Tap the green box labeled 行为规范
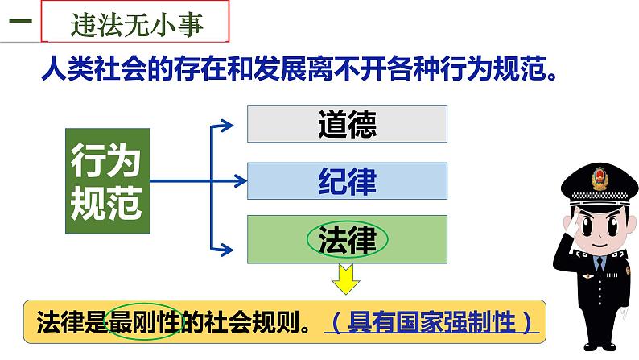click(106, 183)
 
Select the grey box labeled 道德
click(347, 125)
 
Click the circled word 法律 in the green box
click(347, 238)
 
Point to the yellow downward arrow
click(347, 282)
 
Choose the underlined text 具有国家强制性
click(433, 323)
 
